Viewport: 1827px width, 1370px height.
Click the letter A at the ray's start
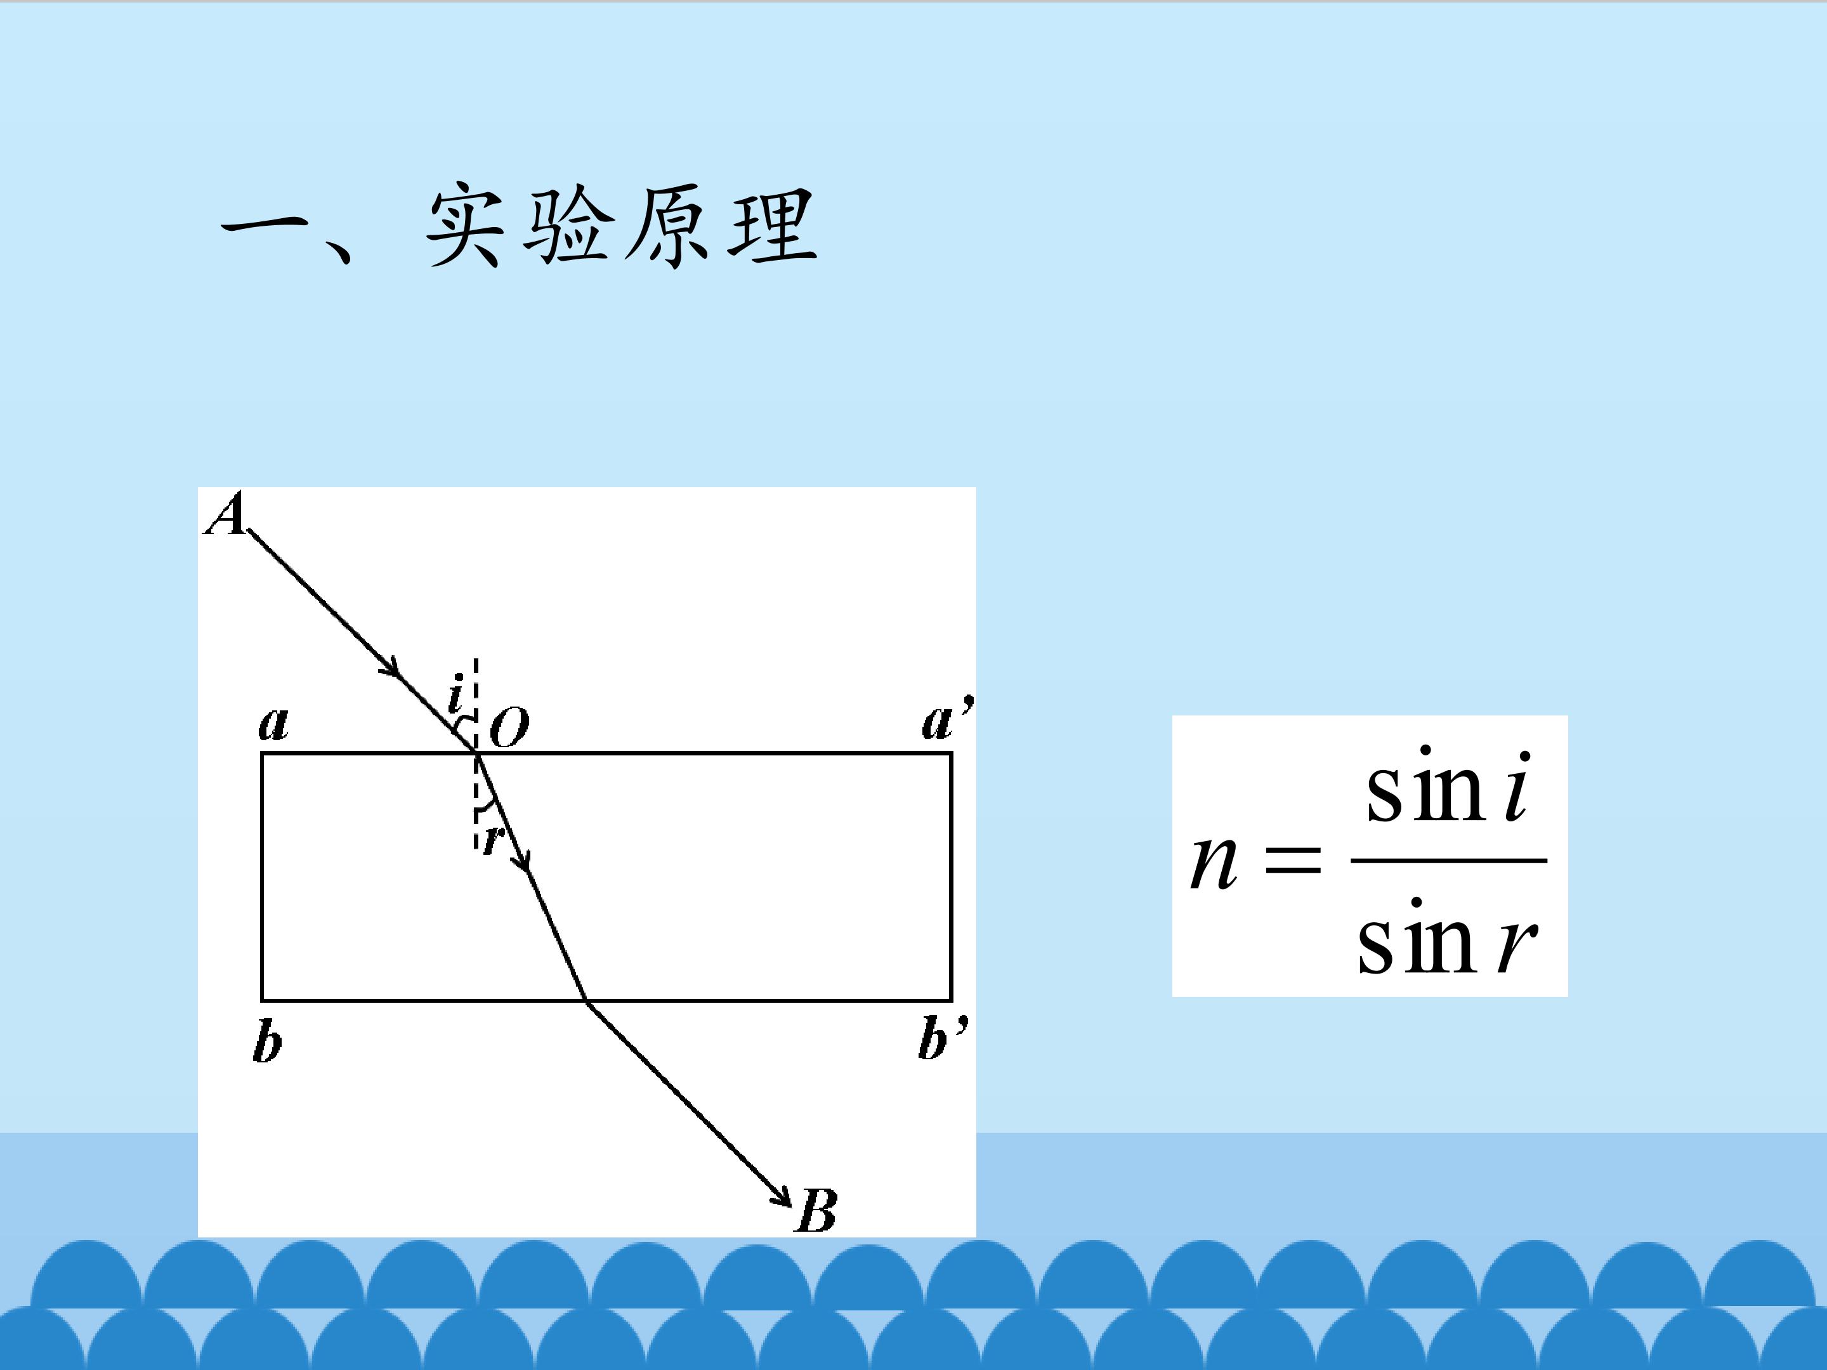[x=225, y=514]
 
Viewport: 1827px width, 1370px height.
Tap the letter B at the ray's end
[x=816, y=1211]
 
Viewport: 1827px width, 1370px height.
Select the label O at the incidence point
[x=509, y=727]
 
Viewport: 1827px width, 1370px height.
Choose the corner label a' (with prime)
[x=947, y=719]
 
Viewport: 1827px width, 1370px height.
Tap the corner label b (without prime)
[x=267, y=1041]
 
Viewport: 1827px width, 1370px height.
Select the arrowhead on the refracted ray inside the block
[x=520, y=859]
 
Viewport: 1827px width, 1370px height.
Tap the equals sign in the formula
[x=1293, y=861]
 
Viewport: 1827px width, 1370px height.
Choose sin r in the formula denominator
[x=1447, y=937]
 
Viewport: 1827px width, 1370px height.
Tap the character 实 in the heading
[x=464, y=225]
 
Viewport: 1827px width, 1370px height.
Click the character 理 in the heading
[x=772, y=225]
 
